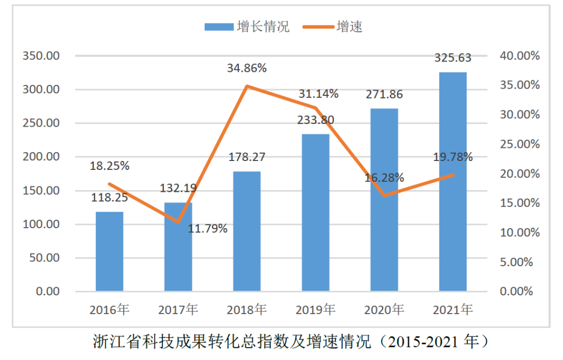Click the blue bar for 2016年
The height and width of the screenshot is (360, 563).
[109, 251]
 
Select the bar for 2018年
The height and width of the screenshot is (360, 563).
[247, 231]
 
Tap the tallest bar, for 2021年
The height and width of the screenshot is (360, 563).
[452, 181]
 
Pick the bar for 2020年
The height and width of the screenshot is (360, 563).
[384, 200]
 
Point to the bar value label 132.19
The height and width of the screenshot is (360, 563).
[178, 189]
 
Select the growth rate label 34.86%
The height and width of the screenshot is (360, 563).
[247, 68]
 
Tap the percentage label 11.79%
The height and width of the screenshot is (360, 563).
[208, 228]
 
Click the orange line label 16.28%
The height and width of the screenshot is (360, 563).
[384, 178]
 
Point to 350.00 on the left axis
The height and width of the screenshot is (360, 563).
[41, 56]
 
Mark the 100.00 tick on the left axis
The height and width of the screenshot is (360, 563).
[41, 224]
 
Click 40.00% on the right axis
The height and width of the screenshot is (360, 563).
[520, 56]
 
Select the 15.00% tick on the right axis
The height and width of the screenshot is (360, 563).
[520, 203]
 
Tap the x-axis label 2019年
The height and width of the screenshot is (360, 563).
[315, 310]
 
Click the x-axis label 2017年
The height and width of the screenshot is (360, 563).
[178, 310]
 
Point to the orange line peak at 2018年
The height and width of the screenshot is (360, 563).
[247, 86]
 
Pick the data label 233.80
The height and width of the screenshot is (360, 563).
[315, 120]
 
